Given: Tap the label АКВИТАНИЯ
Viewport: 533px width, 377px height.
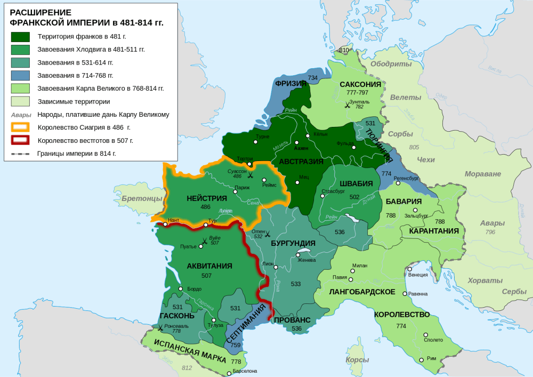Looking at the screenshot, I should [209, 266].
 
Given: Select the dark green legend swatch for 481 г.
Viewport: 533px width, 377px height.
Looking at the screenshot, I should [21, 37].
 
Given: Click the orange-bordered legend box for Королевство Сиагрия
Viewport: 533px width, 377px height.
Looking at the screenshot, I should [21, 127].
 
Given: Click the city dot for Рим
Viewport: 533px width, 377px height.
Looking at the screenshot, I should [422, 359].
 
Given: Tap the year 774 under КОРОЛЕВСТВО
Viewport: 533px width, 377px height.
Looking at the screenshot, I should [401, 326].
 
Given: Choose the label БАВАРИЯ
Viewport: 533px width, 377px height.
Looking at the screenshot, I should [404, 202].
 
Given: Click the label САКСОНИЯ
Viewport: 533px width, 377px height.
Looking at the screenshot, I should [360, 84].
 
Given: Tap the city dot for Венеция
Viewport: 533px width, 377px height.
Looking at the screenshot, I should [410, 269].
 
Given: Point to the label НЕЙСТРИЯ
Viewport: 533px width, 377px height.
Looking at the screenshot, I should [207, 198].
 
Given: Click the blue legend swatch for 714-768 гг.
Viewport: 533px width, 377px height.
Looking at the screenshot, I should [21, 76].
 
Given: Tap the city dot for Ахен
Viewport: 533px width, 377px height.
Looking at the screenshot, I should [296, 142].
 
